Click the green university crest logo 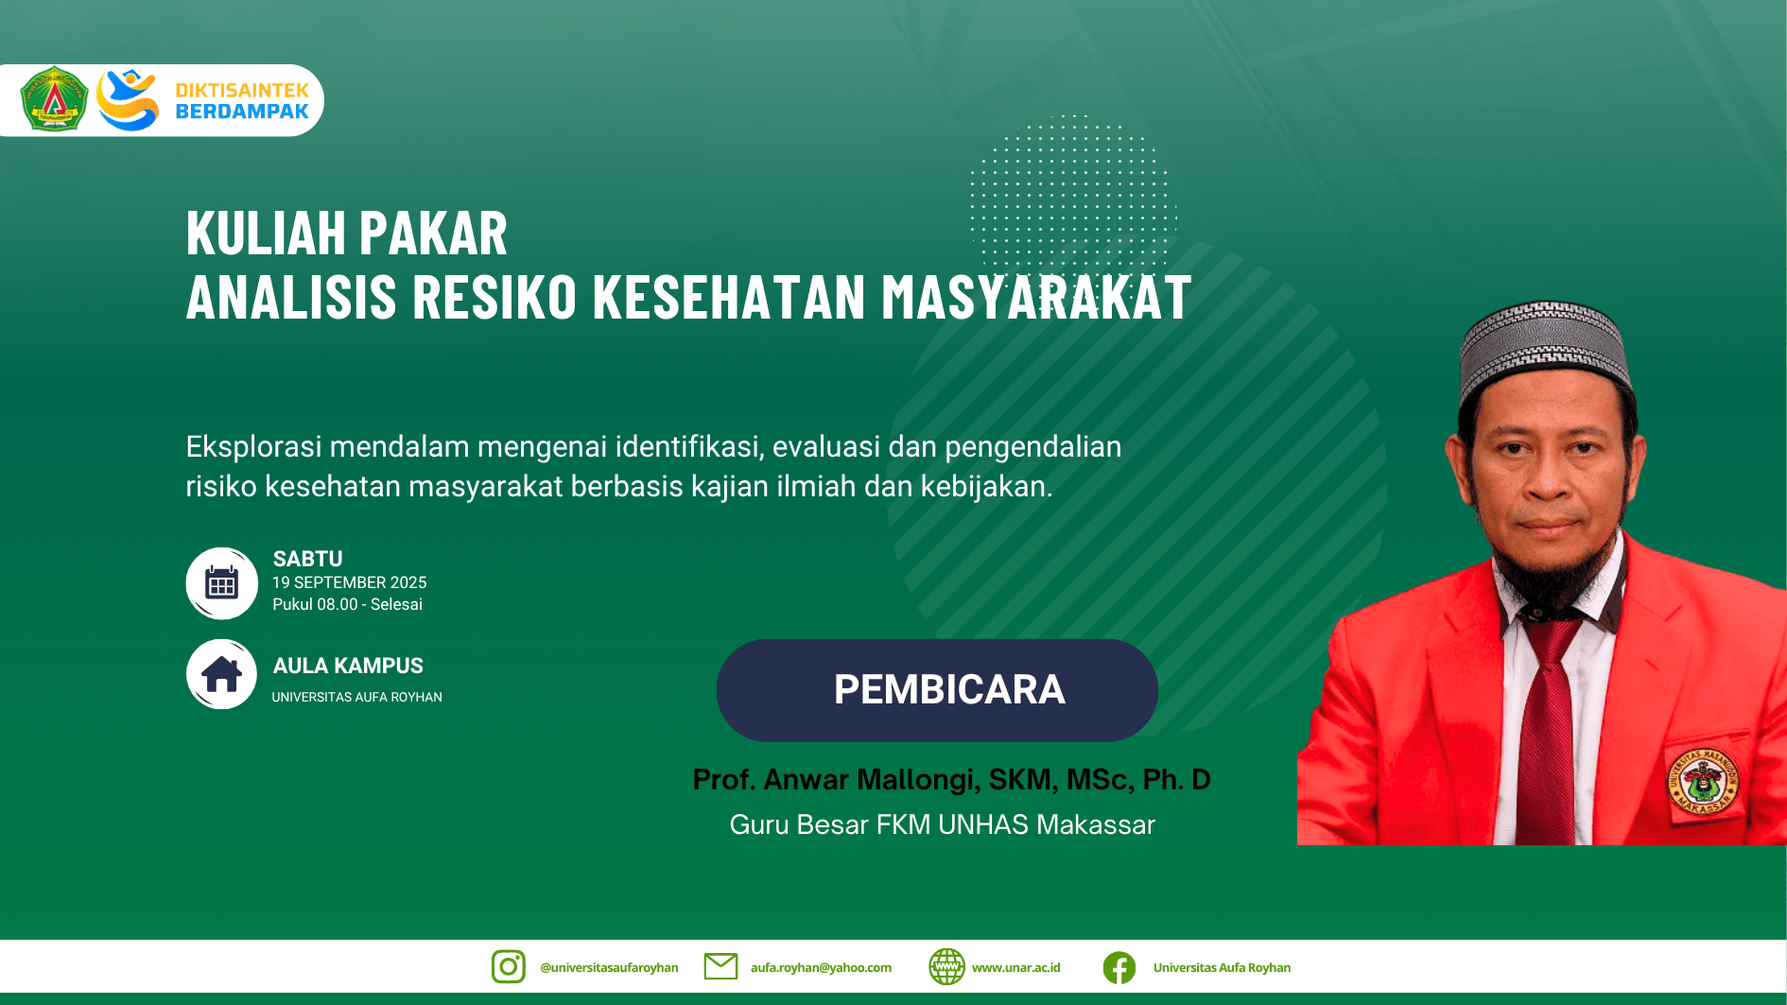click(54, 99)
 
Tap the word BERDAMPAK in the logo click(242, 112)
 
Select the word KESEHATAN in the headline click(729, 297)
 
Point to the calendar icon click(221, 583)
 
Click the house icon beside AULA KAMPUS click(221, 674)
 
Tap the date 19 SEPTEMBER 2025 click(350, 582)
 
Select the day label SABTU click(308, 559)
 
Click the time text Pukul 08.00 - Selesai click(348, 604)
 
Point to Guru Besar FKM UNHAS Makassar click(943, 824)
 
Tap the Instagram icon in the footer click(509, 966)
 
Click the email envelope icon click(720, 966)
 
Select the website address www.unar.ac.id click(1016, 967)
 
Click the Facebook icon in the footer click(1119, 967)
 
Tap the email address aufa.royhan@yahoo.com click(821, 967)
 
